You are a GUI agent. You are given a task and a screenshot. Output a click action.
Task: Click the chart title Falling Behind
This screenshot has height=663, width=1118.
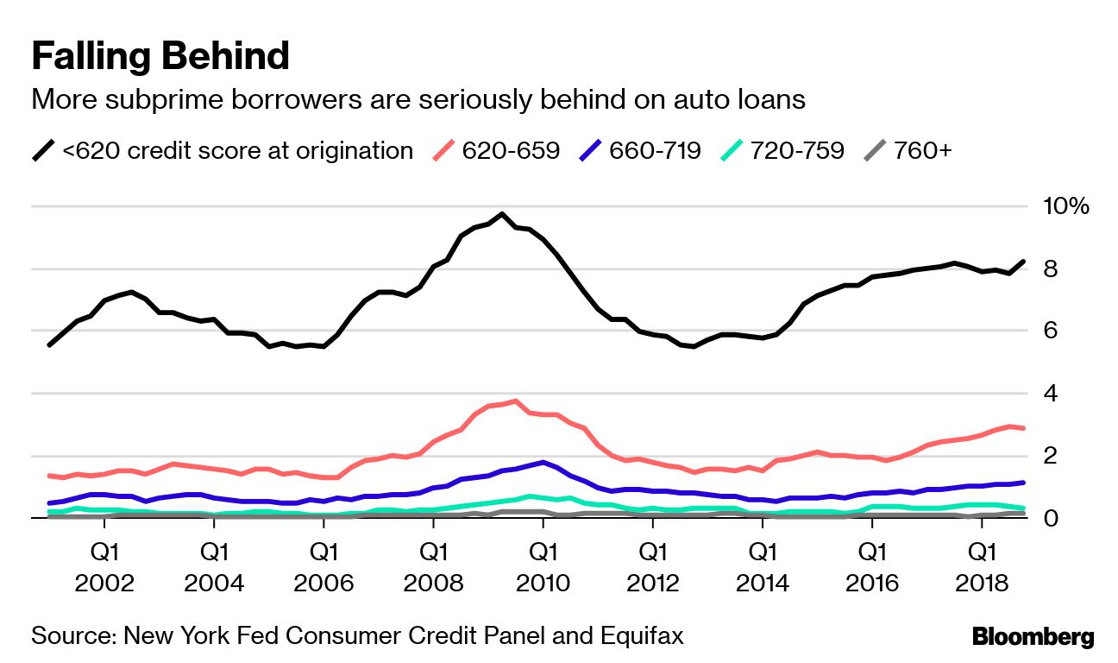click(x=160, y=57)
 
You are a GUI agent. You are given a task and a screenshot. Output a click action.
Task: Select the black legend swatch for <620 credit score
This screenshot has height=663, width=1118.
click(x=43, y=151)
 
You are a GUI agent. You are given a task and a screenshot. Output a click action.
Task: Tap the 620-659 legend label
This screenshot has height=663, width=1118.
click(x=511, y=151)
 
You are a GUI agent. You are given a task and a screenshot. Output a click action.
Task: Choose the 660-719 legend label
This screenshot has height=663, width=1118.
click(x=655, y=151)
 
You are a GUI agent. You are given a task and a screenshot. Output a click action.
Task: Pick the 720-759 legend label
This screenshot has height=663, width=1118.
click(x=797, y=151)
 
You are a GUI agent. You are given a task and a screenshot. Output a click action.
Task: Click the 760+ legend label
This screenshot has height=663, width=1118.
click(x=923, y=151)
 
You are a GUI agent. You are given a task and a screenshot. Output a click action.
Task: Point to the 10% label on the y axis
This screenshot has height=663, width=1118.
click(x=1065, y=206)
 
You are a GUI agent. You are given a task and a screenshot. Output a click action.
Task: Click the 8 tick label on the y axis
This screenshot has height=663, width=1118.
click(x=1048, y=269)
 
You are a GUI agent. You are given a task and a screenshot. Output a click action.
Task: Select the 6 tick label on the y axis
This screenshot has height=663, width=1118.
click(x=1048, y=331)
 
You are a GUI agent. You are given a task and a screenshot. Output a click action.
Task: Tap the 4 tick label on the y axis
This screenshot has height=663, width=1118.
click(x=1048, y=394)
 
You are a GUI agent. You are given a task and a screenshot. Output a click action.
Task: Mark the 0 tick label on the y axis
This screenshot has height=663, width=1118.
click(x=1048, y=518)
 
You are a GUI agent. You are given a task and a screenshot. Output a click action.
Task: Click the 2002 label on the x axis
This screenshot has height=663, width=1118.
click(x=104, y=583)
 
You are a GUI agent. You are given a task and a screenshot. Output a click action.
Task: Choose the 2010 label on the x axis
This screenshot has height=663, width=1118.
click(x=543, y=583)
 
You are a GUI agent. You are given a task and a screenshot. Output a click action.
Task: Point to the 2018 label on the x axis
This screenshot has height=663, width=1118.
click(x=981, y=583)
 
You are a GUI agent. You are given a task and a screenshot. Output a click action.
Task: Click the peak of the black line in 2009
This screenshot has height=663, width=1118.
click(x=502, y=214)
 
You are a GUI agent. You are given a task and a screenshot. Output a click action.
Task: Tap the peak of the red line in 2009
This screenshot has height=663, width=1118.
click(x=515, y=401)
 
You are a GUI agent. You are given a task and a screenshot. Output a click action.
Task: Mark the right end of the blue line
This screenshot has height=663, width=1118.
click(x=1023, y=483)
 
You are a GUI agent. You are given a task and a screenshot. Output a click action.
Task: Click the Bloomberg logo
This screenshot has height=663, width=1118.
click(x=1033, y=637)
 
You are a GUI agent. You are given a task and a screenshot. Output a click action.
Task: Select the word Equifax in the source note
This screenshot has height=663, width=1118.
click(x=640, y=637)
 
